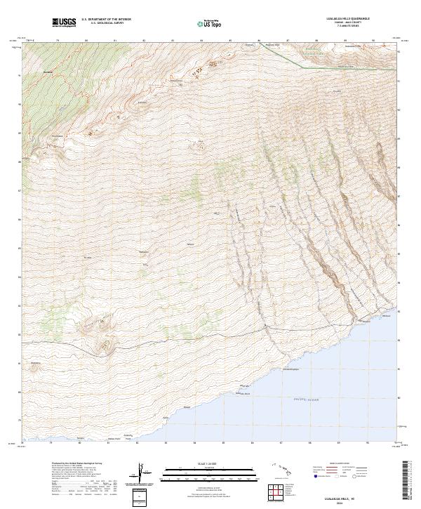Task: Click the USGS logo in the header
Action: coord(65,22)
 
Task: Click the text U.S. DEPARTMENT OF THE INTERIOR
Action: coord(106,20)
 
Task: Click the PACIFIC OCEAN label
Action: coord(307,399)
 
